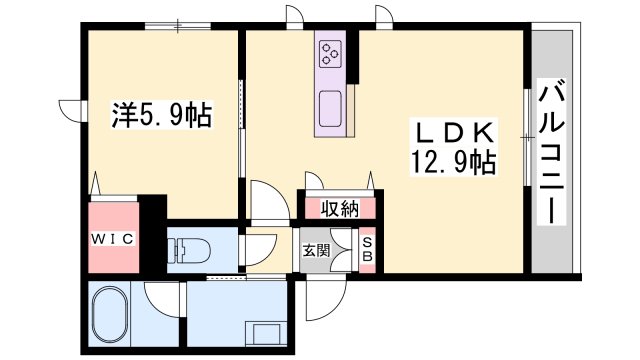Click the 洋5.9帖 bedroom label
(x=160, y=116)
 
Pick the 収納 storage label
(x=339, y=209)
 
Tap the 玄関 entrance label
(x=316, y=250)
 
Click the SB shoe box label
(x=367, y=249)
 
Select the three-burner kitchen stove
(x=331, y=55)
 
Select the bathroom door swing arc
(x=160, y=298)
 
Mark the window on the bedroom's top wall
(x=176, y=26)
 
